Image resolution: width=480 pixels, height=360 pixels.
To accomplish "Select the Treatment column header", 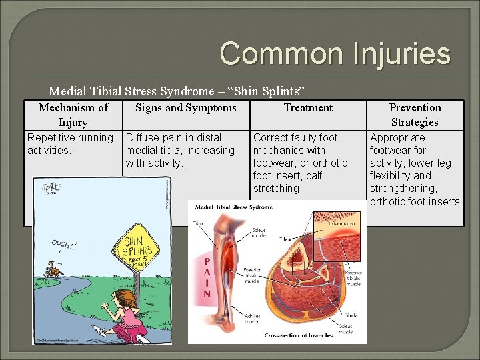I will tap(308, 107).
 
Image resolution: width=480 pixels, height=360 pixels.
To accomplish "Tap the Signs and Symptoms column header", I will tap(185, 107).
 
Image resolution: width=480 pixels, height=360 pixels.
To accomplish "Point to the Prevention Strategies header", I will tap(415, 115).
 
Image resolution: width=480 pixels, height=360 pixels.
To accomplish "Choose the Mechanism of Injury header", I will tap(73, 115).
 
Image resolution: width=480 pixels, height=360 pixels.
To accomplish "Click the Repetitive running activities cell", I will tap(70, 144).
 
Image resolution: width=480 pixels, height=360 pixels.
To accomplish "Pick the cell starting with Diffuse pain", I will tap(180, 150).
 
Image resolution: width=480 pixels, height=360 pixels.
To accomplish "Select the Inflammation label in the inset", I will tap(341, 224).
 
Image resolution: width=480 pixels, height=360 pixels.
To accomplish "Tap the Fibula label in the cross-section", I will tap(350, 315).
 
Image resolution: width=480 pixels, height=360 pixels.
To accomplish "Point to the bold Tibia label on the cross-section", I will tap(285, 237).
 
